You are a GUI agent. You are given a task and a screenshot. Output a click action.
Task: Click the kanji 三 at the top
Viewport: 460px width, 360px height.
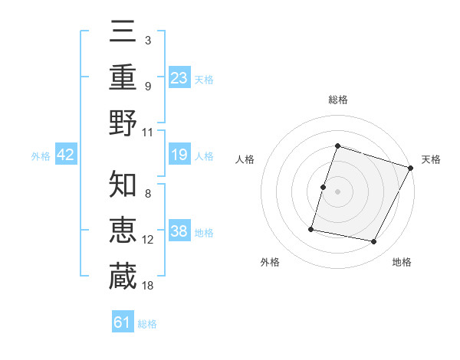(123, 31)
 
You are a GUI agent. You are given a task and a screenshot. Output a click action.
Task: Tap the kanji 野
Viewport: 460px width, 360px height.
(123, 123)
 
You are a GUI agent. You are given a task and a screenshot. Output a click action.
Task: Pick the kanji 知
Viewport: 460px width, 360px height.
(123, 185)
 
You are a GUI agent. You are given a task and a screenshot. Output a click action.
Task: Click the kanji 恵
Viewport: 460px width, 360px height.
(123, 231)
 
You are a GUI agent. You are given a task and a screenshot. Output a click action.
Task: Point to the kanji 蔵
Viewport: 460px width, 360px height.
(123, 277)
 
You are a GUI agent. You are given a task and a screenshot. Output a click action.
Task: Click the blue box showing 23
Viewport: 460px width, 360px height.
(179, 77)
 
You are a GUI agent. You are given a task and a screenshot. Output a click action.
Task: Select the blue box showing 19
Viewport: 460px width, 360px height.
(179, 155)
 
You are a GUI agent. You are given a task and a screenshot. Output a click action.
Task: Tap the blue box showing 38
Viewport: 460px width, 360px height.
(179, 232)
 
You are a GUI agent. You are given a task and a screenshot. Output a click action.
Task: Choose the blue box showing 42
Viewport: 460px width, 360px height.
(66, 155)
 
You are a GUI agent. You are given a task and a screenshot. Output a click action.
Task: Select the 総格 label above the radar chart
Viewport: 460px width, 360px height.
(337, 100)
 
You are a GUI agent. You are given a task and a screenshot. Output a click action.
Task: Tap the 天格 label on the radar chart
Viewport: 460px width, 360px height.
(431, 159)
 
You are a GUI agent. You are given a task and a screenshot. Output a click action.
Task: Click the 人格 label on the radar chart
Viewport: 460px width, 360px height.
(245, 159)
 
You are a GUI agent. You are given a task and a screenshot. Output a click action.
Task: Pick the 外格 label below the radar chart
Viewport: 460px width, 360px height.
(270, 263)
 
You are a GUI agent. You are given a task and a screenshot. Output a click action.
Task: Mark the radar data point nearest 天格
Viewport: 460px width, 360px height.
(411, 168)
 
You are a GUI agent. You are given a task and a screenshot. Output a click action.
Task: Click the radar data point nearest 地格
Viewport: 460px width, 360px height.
(374, 242)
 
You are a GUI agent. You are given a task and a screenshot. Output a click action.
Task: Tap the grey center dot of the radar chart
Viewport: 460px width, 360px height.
(337, 191)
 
